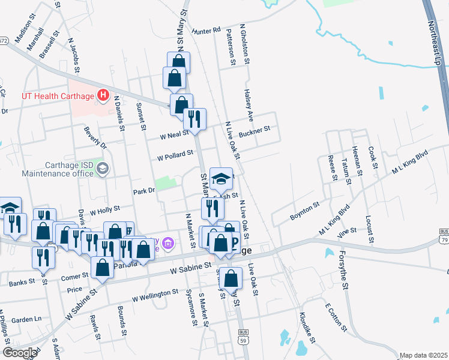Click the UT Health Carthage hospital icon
(x=103, y=95)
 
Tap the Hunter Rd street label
(x=206, y=29)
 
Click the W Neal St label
(x=173, y=135)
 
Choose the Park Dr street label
(x=144, y=191)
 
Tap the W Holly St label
(x=105, y=210)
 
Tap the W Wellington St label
(x=155, y=295)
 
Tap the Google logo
(x=20, y=353)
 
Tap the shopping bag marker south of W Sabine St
(x=231, y=278)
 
